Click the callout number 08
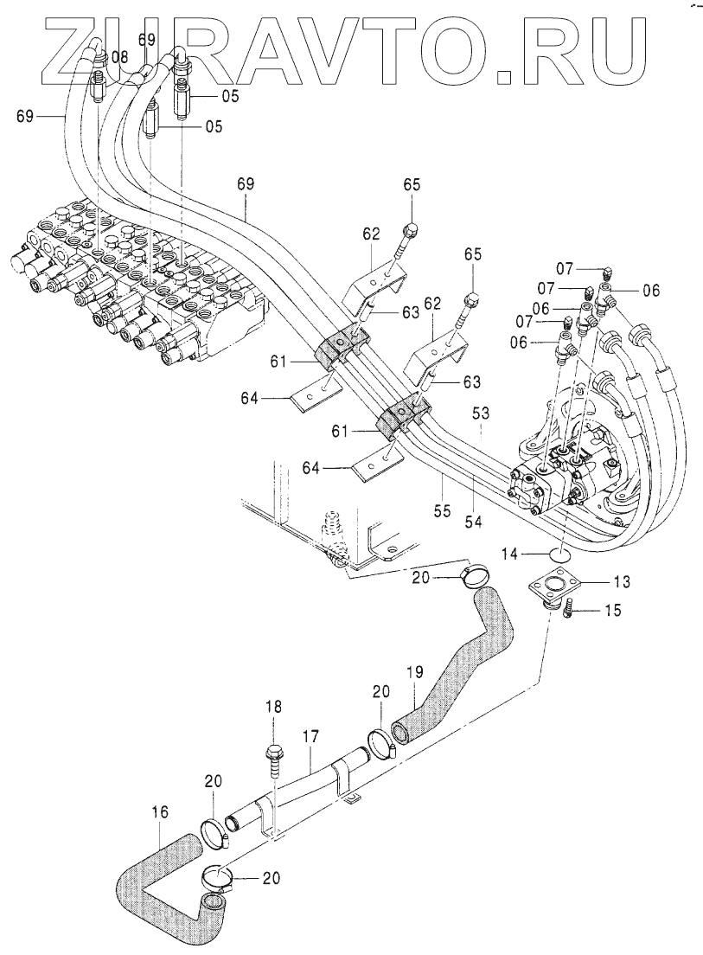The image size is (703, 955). click(120, 58)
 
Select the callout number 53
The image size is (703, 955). click(481, 414)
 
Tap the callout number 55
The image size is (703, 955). click(443, 510)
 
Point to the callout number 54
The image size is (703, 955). click(474, 522)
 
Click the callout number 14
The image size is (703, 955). click(510, 554)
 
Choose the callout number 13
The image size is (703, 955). click(622, 581)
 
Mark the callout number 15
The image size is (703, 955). click(613, 610)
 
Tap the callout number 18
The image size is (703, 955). click(273, 707)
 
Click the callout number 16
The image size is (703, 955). click(159, 812)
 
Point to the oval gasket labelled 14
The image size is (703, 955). click(560, 554)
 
